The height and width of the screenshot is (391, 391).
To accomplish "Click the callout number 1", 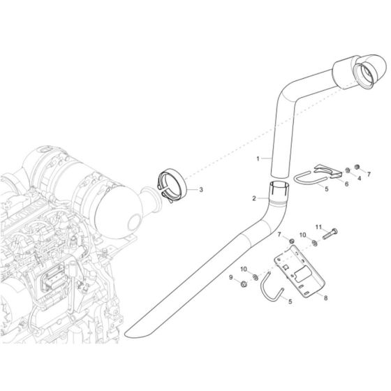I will [258, 159].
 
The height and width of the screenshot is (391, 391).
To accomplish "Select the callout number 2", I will [254, 198].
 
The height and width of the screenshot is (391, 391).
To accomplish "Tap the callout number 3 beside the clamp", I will [202, 189].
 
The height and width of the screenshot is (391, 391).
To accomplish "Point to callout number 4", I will [360, 179].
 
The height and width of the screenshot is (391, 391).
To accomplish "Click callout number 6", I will [345, 184].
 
